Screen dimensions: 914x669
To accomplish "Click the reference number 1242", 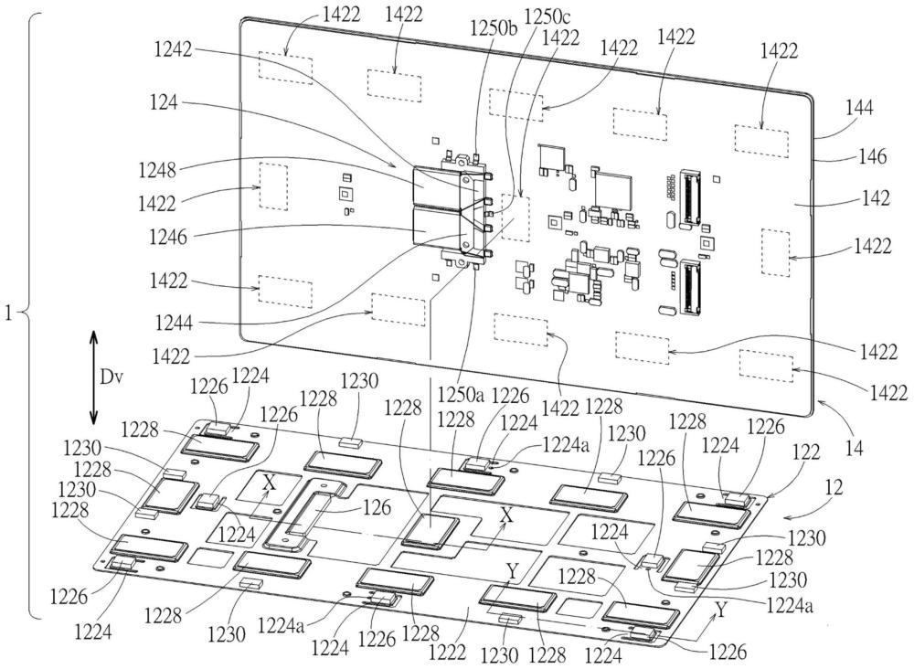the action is [x=173, y=49].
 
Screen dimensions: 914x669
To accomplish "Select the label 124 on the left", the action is [x=164, y=103].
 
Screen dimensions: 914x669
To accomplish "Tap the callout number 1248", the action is [x=157, y=170].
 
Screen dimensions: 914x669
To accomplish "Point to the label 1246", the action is [x=168, y=237].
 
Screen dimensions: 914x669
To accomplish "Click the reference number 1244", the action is [x=174, y=322].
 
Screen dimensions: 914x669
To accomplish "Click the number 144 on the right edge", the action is [x=860, y=108].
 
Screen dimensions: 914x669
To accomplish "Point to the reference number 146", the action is [x=873, y=156].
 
